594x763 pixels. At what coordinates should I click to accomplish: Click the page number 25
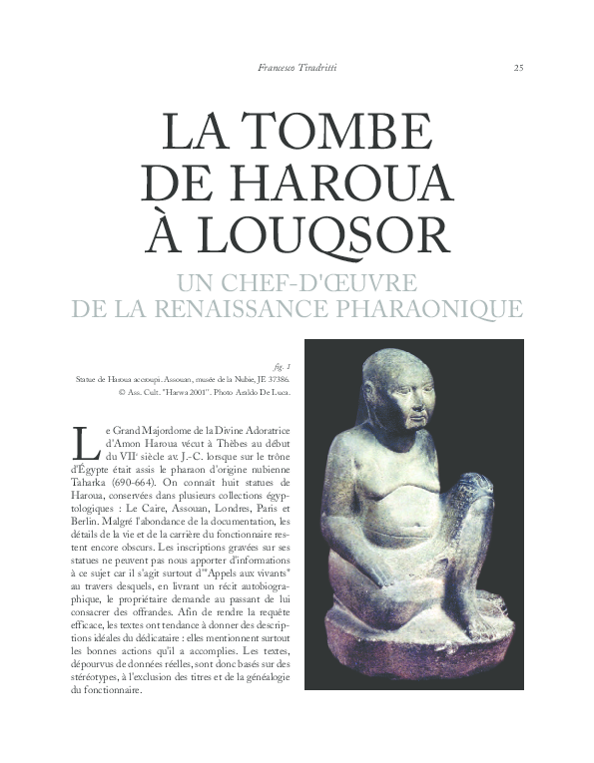pos(518,68)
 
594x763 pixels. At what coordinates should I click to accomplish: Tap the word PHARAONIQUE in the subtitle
pos(434,308)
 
